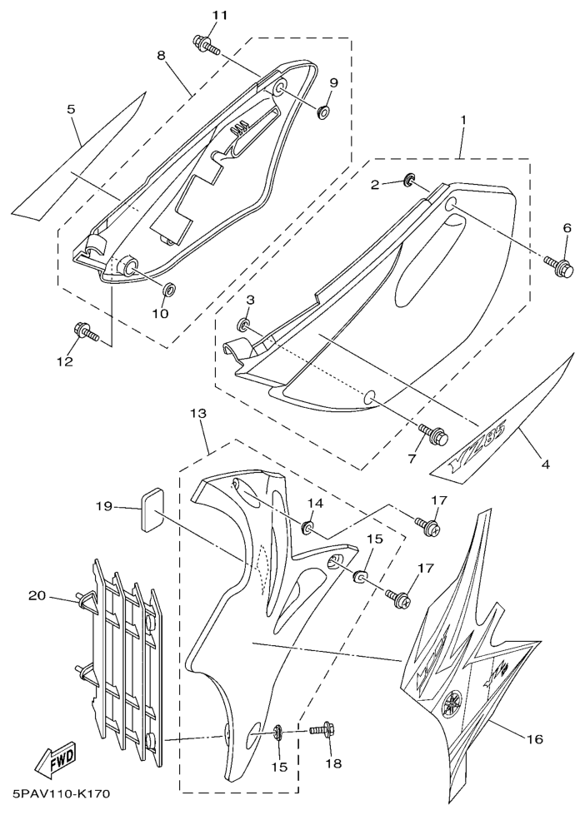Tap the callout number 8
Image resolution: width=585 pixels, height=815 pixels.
click(x=161, y=55)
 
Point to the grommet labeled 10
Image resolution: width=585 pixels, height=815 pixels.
click(x=167, y=291)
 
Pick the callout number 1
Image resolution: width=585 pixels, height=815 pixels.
click(x=463, y=121)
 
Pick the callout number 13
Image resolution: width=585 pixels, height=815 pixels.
click(x=197, y=413)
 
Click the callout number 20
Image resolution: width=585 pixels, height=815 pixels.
click(x=37, y=595)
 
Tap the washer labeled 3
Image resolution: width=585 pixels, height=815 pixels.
click(x=245, y=323)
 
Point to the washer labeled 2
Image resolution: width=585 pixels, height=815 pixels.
click(x=410, y=178)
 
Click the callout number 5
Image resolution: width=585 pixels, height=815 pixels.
click(x=71, y=109)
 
